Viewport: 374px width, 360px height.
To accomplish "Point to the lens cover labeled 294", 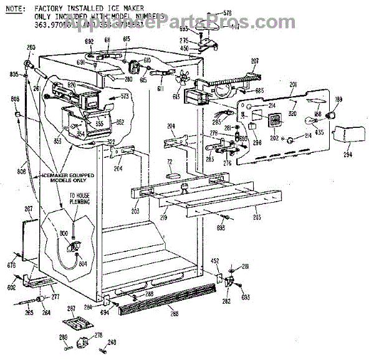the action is click(344, 134).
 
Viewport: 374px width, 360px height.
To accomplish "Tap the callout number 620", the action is click(72, 85).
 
